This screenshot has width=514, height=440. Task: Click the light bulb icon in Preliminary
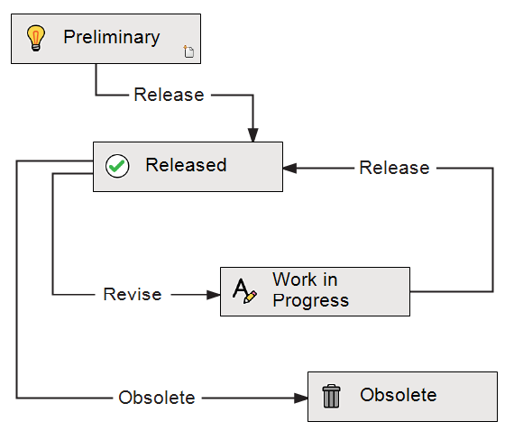click(35, 38)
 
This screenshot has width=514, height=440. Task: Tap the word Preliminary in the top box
click(112, 37)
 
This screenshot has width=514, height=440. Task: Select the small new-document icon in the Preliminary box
click(188, 51)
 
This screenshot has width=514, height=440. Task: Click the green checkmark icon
click(117, 166)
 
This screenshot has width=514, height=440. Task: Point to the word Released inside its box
click(186, 165)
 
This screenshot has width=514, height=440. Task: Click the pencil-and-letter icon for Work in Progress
click(244, 291)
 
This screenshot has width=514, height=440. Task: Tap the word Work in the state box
click(295, 280)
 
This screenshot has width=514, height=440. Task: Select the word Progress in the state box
click(311, 301)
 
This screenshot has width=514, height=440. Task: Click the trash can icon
click(332, 396)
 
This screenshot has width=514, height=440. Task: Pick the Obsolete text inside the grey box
click(399, 395)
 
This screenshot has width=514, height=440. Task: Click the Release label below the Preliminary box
click(169, 95)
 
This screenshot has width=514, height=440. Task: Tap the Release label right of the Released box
click(394, 168)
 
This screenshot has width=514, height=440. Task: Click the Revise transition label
click(133, 294)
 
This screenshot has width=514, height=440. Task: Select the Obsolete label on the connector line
click(157, 398)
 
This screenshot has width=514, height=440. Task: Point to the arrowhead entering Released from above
click(252, 135)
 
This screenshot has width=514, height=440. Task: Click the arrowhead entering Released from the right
click(289, 169)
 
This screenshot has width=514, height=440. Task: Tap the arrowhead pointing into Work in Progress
click(213, 295)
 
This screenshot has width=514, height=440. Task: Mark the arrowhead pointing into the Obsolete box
click(301, 398)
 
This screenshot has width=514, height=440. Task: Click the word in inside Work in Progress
click(330, 280)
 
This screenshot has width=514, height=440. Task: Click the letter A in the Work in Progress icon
click(241, 289)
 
